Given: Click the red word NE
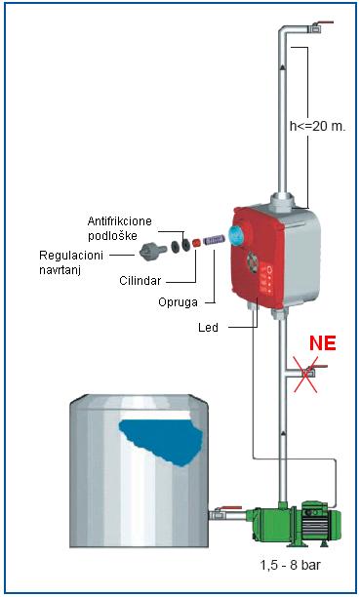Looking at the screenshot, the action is pyautogui.click(x=323, y=343).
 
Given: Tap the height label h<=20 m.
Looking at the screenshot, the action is pyautogui.click(x=317, y=127).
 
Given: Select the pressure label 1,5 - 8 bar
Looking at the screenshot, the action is pyautogui.click(x=291, y=565).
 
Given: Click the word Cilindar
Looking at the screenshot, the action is pyautogui.click(x=140, y=281).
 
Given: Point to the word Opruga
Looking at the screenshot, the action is pyautogui.click(x=178, y=302).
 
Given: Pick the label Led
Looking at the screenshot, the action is pyautogui.click(x=208, y=327).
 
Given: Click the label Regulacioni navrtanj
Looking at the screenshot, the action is pyautogui.click(x=71, y=262).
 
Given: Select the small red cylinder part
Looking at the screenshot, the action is pyautogui.click(x=196, y=243).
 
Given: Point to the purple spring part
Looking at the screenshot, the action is pyautogui.click(x=214, y=240).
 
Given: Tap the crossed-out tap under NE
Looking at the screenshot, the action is pyautogui.click(x=308, y=374).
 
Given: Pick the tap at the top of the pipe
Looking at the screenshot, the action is pyautogui.click(x=319, y=26).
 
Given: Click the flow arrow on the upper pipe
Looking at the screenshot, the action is pyautogui.click(x=283, y=66).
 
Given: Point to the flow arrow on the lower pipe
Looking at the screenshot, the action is pyautogui.click(x=283, y=433).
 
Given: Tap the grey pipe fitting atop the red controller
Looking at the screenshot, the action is pyautogui.click(x=284, y=202).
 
